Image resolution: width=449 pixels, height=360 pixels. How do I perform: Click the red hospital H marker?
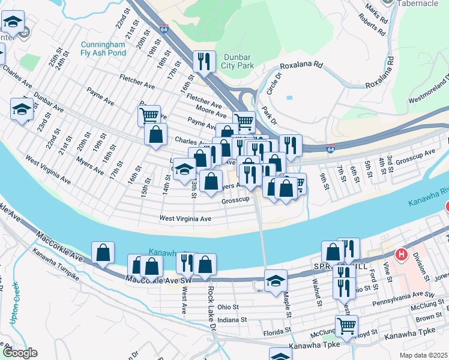(401, 254)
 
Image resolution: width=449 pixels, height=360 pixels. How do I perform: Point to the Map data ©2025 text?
(423, 355)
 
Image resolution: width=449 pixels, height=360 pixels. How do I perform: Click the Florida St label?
(277, 331)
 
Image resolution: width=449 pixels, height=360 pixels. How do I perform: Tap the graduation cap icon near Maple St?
(276, 280)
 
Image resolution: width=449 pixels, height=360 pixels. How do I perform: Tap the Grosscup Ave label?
(418, 154)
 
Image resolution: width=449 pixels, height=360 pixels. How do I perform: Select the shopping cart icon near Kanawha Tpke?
(346, 326)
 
